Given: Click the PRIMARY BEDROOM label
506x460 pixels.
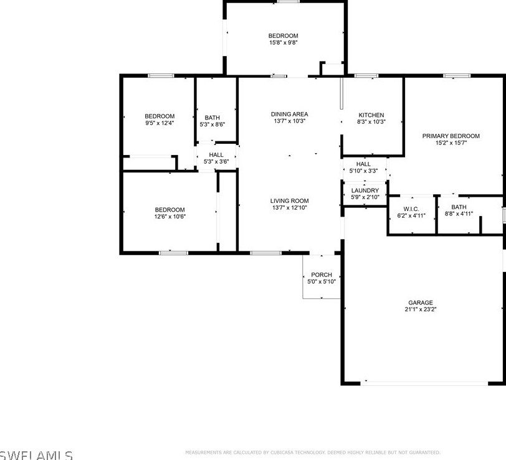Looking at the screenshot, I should [x=451, y=136].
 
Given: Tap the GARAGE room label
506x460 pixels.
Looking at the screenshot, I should [x=421, y=303].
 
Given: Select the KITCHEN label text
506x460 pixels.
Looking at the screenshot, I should [x=371, y=115].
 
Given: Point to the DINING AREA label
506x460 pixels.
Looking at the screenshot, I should [x=289, y=114].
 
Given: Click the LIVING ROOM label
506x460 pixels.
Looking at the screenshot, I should [x=289, y=200].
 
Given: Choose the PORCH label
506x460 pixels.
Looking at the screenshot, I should [x=322, y=275].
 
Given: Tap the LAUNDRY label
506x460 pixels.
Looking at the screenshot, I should [x=365, y=190].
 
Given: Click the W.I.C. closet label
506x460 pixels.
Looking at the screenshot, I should [x=411, y=208].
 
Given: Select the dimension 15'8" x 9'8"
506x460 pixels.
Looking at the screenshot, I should [x=284, y=43].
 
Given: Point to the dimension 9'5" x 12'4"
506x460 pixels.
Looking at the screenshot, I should [x=160, y=123].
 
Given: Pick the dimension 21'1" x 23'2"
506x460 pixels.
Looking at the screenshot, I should [x=421, y=309].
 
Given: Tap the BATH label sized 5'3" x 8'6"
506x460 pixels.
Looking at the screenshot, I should [x=212, y=117].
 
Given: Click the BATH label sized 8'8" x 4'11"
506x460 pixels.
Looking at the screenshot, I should [x=459, y=207].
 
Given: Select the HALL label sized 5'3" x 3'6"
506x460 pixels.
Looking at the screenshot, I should [x=216, y=154].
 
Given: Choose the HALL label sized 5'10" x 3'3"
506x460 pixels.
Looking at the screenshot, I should [x=363, y=164].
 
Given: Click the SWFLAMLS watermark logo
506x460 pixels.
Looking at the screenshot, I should [x=36, y=455].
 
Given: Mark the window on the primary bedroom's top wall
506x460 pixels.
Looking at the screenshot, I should [x=457, y=76].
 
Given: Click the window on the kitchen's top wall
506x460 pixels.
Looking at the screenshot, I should [x=366, y=76].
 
